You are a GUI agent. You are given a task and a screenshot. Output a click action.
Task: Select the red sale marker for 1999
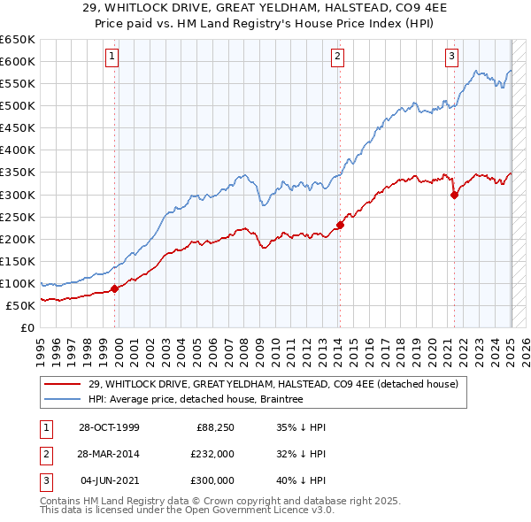click(115, 288)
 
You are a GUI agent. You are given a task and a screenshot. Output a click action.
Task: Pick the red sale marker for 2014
click(340, 224)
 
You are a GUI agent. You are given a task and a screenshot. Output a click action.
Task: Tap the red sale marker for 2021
click(454, 195)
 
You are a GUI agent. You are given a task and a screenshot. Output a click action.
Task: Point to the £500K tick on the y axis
click(18, 105)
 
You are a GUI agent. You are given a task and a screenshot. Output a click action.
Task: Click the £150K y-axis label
click(18, 261)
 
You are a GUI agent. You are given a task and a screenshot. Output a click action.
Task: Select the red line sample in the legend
click(64, 384)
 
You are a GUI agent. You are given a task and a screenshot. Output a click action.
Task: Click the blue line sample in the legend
click(64, 399)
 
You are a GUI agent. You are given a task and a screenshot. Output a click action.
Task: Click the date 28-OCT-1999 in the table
click(109, 427)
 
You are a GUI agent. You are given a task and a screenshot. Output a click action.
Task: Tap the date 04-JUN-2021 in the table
click(109, 480)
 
